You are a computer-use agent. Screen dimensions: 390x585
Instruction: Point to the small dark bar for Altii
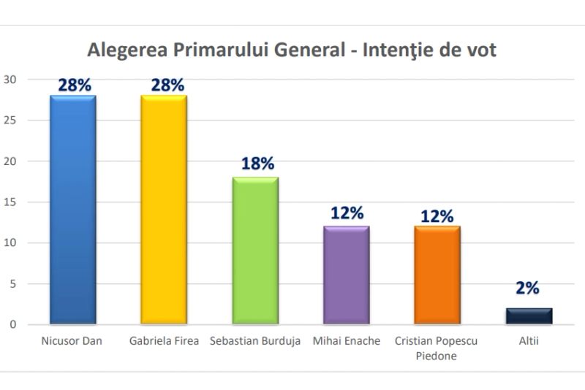[529, 316]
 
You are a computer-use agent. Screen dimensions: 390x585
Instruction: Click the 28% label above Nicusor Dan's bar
[75, 85]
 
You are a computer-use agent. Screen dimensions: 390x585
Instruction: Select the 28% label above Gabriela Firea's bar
[167, 85]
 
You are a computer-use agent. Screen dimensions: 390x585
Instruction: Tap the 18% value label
[257, 164]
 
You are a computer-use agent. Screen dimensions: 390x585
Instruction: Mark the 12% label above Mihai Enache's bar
[347, 213]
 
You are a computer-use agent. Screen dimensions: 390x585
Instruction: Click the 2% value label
[527, 288]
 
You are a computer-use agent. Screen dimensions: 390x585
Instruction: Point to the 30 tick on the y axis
[10, 79]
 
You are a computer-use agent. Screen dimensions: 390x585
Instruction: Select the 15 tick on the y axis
[10, 202]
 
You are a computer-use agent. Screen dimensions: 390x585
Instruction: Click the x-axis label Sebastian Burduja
[255, 341]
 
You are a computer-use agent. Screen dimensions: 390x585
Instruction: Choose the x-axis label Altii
[528, 341]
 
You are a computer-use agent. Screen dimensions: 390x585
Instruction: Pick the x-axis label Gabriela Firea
[164, 341]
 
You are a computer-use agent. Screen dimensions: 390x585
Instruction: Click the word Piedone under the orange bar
[437, 356]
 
